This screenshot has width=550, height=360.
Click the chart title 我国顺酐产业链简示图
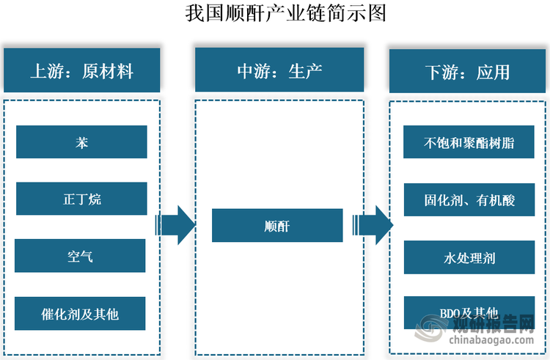pos(275,13)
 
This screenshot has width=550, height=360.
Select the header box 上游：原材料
pos(81,71)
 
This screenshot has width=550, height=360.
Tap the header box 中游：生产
pos(279,71)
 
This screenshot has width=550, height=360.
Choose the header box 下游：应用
pos(467,71)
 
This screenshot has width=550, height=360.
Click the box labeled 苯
pos(81,142)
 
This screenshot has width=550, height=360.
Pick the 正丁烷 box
pos(81,199)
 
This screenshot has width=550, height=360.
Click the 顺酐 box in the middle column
pos(277,226)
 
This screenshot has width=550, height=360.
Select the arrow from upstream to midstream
pos(175,225)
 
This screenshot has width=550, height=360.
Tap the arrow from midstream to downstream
pos(373,225)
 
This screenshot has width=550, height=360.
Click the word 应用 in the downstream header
pos(493,71)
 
